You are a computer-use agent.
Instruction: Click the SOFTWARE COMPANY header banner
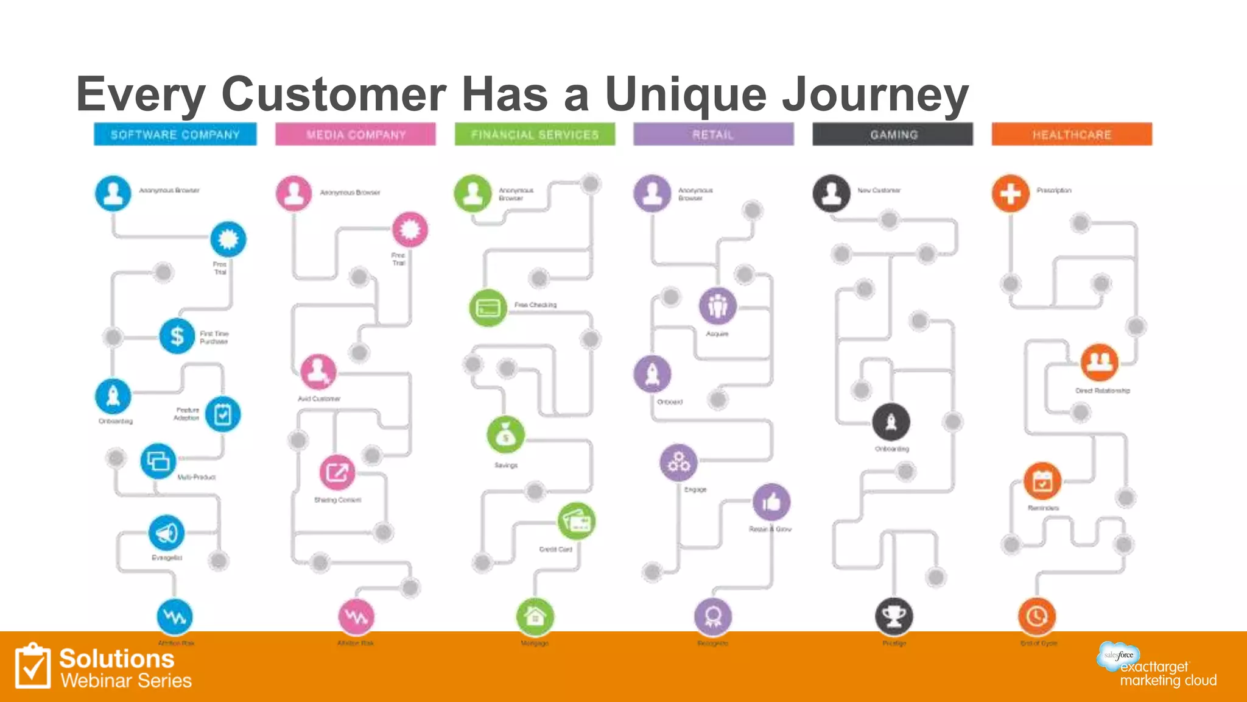tap(175, 134)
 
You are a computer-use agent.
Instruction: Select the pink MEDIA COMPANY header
tap(356, 134)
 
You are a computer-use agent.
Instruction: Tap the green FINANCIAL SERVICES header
tap(535, 134)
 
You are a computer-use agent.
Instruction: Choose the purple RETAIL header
tap(713, 134)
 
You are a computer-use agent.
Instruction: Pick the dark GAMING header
tap(893, 134)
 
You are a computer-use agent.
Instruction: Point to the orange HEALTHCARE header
tap(1072, 134)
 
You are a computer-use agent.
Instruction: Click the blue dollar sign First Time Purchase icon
tap(177, 336)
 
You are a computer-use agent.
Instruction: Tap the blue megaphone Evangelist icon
tap(166, 533)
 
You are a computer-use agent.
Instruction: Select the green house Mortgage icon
tap(535, 617)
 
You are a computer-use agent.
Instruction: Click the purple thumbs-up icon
tap(771, 502)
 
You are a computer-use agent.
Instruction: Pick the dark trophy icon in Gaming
tap(894, 617)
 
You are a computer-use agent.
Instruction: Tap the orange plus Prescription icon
tap(1011, 194)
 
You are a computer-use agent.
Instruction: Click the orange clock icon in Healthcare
tap(1037, 617)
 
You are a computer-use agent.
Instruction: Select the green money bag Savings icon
tap(505, 435)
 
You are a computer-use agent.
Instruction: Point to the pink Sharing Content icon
tap(337, 472)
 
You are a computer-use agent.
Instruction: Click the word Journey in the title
tap(876, 94)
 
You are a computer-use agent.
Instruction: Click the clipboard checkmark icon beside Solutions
tap(33, 667)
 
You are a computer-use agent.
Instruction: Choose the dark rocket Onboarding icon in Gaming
tap(891, 422)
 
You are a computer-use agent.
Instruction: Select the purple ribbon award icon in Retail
tap(713, 617)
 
